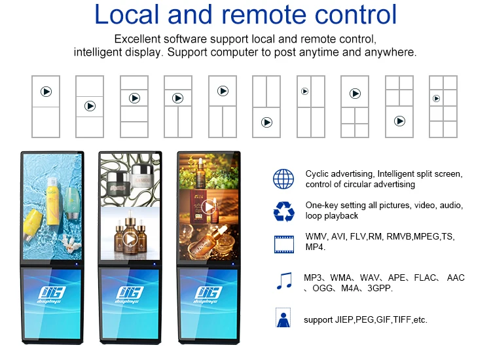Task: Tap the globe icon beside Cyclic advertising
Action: (x=283, y=179)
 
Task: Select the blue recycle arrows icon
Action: (x=283, y=211)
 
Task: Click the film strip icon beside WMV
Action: (x=283, y=243)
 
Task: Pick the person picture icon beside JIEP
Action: (x=283, y=319)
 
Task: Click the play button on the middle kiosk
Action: (x=130, y=239)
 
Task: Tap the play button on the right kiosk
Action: (x=208, y=207)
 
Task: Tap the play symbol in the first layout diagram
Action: (x=46, y=92)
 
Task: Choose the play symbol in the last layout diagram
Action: (x=436, y=99)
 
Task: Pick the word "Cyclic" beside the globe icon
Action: (x=318, y=173)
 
